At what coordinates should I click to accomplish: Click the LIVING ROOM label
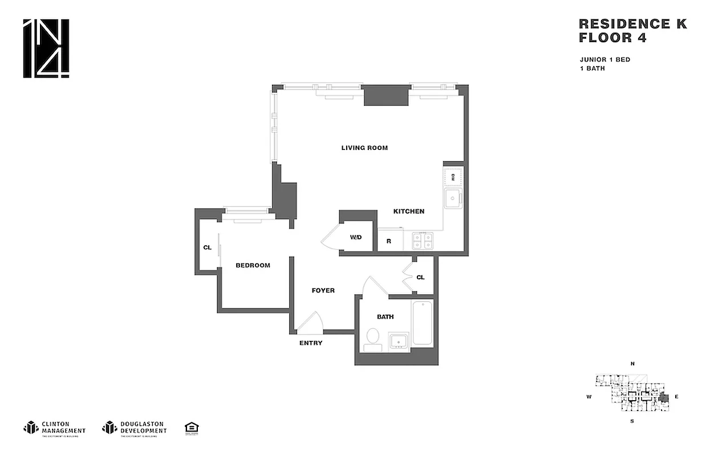pos(364,148)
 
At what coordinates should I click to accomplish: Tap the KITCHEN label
pos(409,211)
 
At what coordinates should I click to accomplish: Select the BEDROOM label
pos(253,266)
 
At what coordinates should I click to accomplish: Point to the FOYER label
pos(323,291)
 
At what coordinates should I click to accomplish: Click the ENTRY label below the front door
pos(311,343)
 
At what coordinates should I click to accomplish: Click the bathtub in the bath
pos(423,323)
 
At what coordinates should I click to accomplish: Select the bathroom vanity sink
pos(399,341)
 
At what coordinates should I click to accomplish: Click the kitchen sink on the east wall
pos(454,199)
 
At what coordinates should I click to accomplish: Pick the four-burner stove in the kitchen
pos(423,241)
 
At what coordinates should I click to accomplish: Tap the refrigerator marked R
pos(389,241)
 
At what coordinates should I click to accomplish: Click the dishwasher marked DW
pos(454,177)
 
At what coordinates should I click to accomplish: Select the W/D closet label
pos(355,237)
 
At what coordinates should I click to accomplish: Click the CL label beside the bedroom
pos(208,248)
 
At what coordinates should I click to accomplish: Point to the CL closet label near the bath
pos(420,278)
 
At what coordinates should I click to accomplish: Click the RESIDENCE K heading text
pos(632,24)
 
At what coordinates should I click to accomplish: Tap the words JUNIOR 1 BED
pos(605,60)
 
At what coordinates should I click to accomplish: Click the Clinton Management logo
pos(55,427)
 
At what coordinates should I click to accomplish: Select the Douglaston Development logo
pos(135,427)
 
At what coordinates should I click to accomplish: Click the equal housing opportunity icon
pos(192,427)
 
